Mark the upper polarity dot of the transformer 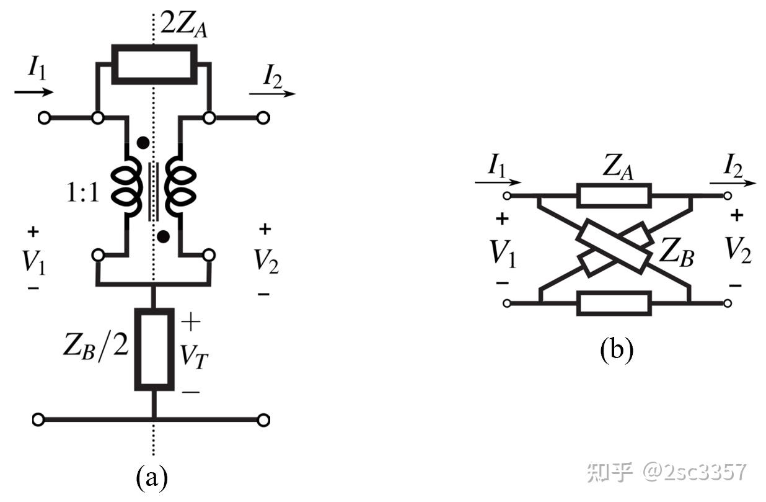click(x=143, y=143)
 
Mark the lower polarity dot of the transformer click(x=163, y=236)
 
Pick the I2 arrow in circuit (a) click(x=273, y=94)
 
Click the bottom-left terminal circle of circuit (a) click(x=38, y=420)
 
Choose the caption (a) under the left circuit click(x=152, y=477)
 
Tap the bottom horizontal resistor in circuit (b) click(x=614, y=303)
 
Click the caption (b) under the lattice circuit click(x=616, y=351)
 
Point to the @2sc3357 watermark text click(x=694, y=472)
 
